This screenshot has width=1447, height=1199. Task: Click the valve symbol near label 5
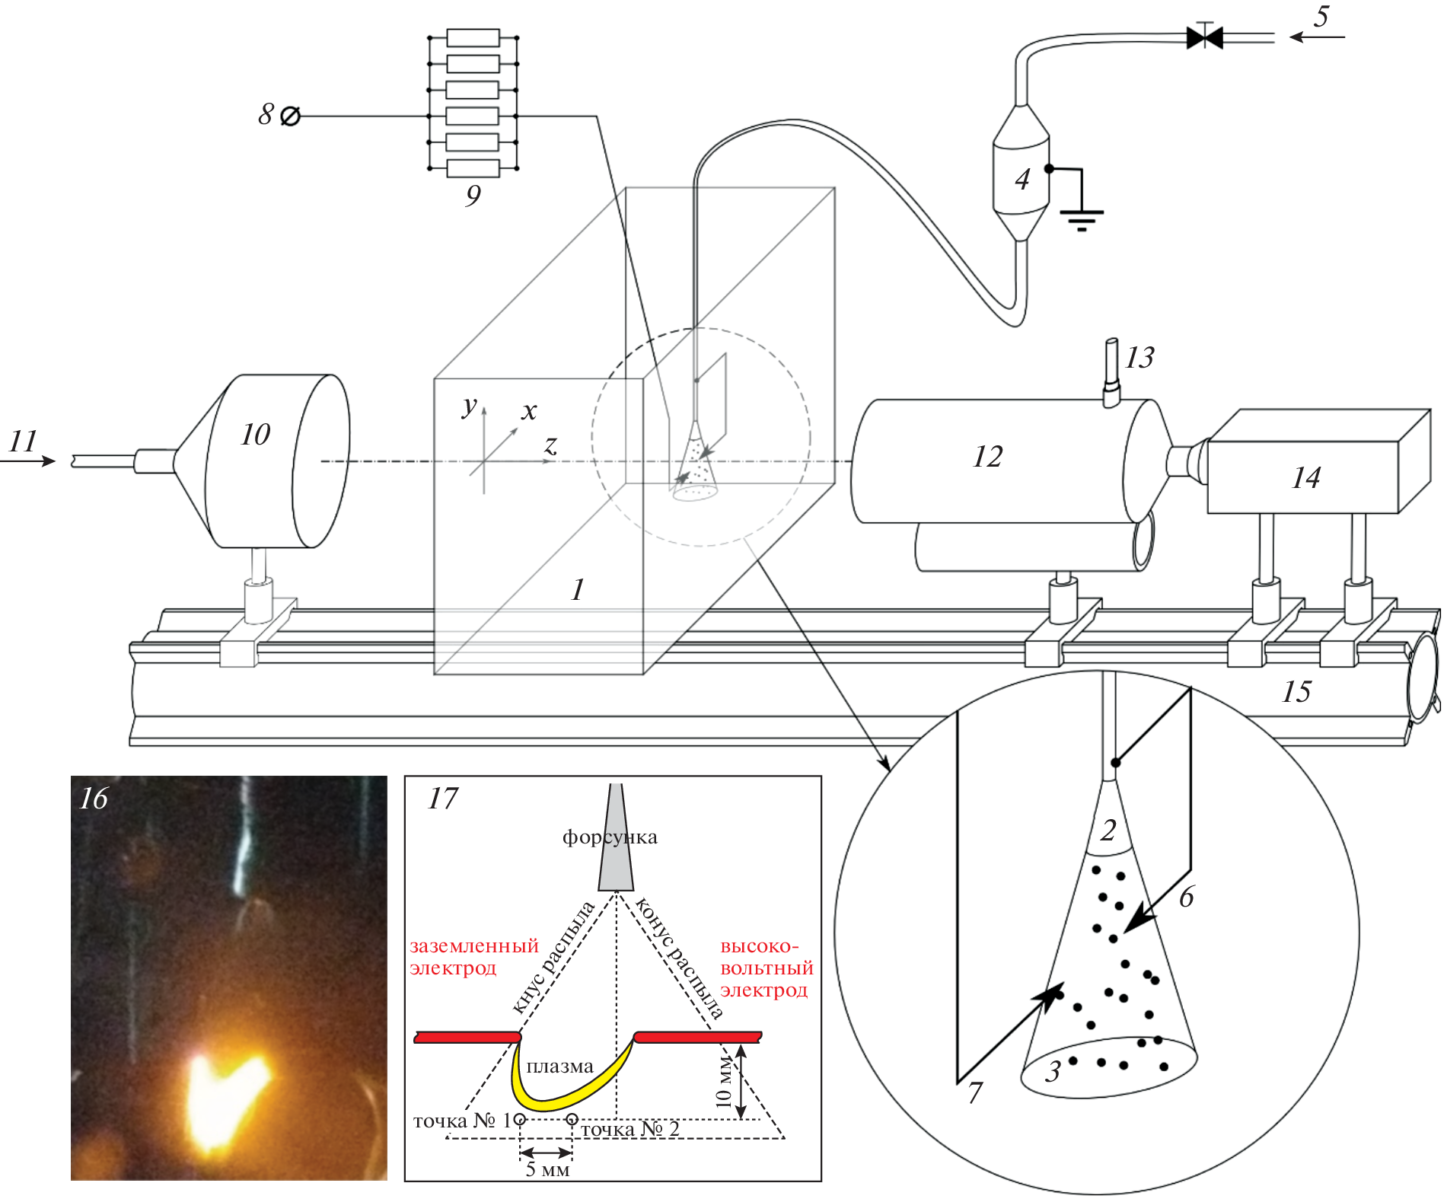click(1204, 37)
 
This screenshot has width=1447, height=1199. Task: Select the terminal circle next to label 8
click(290, 116)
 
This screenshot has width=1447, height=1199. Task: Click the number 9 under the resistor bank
click(473, 196)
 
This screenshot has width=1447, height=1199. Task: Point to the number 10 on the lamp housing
click(256, 435)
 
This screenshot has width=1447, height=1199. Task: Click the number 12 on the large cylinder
click(988, 457)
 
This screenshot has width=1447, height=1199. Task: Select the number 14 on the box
click(1306, 477)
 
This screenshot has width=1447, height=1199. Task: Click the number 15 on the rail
click(1297, 691)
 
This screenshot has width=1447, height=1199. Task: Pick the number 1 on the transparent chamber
click(578, 589)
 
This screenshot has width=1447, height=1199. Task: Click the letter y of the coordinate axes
click(470, 407)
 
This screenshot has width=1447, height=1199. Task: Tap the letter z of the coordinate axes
click(550, 445)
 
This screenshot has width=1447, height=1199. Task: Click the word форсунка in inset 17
click(610, 837)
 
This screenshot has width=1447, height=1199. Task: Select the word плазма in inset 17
click(559, 1067)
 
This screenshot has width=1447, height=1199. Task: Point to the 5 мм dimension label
click(547, 1169)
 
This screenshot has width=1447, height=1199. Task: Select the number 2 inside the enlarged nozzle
click(1108, 830)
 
